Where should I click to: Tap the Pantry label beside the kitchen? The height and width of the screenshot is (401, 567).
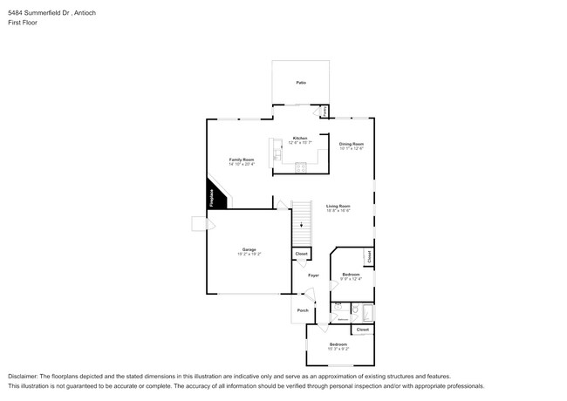325,112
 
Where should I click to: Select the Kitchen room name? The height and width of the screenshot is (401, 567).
299,138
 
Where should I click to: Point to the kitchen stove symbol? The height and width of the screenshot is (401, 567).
299,165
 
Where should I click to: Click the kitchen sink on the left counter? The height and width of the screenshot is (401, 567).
277,154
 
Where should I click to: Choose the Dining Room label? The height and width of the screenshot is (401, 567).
351,144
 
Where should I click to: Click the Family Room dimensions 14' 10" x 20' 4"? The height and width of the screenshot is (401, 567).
242,164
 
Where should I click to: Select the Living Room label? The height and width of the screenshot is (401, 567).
338,206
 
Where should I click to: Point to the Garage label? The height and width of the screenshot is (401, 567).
249,249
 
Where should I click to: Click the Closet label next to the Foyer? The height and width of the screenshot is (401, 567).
301,254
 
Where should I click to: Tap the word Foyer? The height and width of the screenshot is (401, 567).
313,275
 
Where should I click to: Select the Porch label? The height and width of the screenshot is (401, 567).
303,310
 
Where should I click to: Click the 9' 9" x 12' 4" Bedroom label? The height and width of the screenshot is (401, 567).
351,276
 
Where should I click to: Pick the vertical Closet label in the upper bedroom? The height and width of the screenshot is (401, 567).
369,257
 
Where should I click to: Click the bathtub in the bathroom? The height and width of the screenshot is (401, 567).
367,312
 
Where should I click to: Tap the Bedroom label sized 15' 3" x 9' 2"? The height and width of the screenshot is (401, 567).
338,346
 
